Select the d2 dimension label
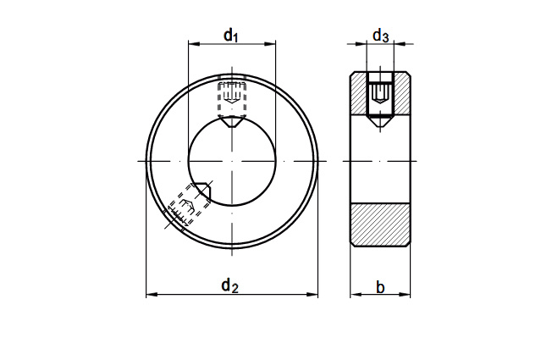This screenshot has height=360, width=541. [229, 285]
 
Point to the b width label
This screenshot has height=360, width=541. [380, 288]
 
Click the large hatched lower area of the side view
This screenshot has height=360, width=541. [380, 224]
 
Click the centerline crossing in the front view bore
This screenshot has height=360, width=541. [232, 161]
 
